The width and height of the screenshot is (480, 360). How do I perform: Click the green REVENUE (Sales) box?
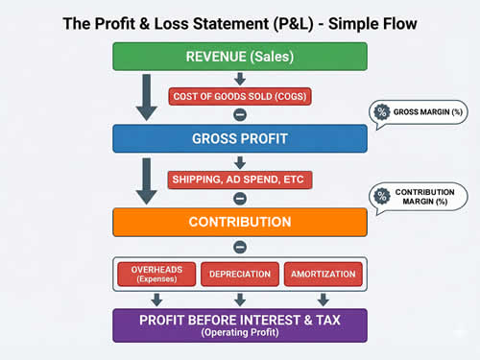[x=240, y=56]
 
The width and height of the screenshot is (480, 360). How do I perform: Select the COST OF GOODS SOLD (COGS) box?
[x=240, y=96]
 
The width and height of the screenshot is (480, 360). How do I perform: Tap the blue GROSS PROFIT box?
[x=240, y=138]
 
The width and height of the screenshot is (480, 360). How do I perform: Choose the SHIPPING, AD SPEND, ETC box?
[x=240, y=180]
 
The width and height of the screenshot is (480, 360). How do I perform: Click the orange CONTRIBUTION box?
[x=240, y=222]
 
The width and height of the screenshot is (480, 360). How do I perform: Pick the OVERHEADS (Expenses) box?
[x=156, y=274]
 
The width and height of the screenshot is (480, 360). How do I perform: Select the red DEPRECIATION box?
[x=240, y=274]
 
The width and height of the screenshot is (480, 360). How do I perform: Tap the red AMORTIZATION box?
[x=323, y=274]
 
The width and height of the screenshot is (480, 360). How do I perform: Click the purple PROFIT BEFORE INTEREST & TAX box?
[x=240, y=324]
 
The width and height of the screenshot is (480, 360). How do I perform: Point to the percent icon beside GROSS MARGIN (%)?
[x=381, y=113]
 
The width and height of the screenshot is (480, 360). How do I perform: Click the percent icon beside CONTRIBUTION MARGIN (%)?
[x=382, y=197]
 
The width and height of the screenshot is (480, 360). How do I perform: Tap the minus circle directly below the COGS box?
[x=240, y=114]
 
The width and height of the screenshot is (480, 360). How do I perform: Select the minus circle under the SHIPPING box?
[x=240, y=198]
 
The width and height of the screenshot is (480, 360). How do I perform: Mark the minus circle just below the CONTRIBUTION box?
[x=240, y=247]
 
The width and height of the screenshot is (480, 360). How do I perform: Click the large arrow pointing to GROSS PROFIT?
[x=146, y=99]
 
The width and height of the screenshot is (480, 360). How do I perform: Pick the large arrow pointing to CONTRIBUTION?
[x=146, y=182]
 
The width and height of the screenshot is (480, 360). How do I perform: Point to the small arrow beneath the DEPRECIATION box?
[x=240, y=299]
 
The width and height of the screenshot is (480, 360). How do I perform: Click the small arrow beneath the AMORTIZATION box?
[x=323, y=299]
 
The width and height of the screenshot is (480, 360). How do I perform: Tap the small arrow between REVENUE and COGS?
[x=240, y=78]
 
